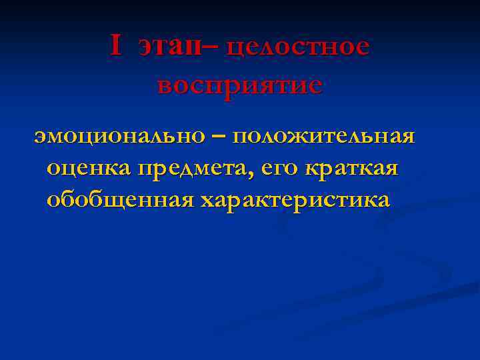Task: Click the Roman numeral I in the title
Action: tap(116, 46)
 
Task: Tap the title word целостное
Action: tap(297, 47)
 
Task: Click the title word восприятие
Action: tap(240, 85)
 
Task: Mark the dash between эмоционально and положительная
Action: tap(219, 136)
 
